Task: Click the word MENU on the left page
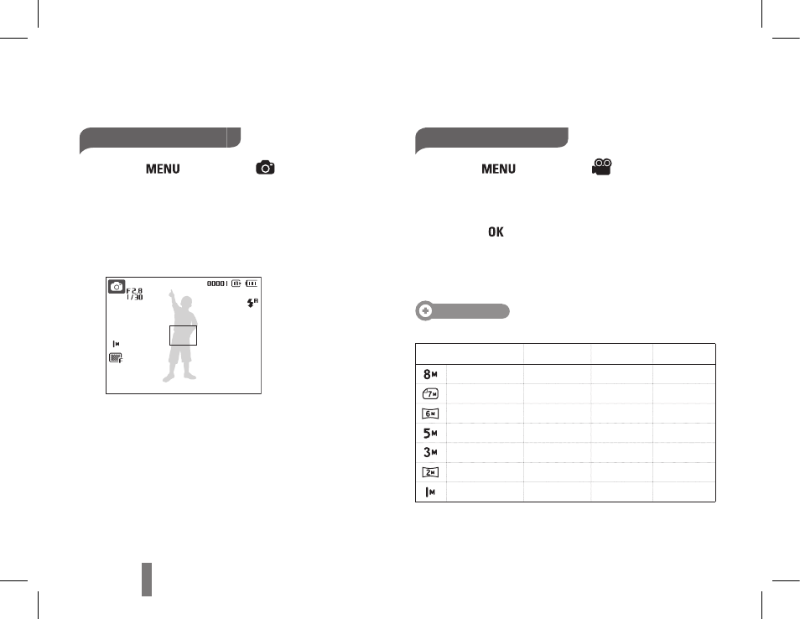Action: pyautogui.click(x=163, y=169)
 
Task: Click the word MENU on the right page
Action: pyautogui.click(x=498, y=169)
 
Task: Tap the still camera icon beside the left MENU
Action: pyautogui.click(x=265, y=168)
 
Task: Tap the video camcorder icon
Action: pyautogui.click(x=602, y=167)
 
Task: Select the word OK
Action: pyautogui.click(x=496, y=232)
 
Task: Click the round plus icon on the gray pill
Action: pyautogui.click(x=425, y=311)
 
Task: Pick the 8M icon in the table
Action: pyautogui.click(x=431, y=374)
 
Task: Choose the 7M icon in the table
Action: pyautogui.click(x=431, y=394)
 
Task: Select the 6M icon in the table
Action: pyautogui.click(x=431, y=414)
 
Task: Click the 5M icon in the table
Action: pyautogui.click(x=431, y=434)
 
